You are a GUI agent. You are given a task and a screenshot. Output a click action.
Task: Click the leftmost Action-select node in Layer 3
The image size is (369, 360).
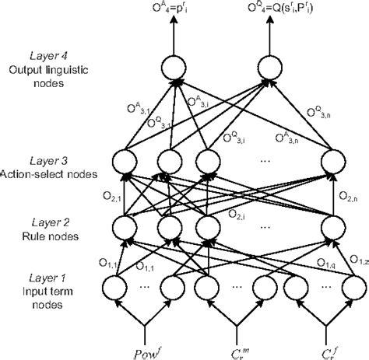coord(125,163)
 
